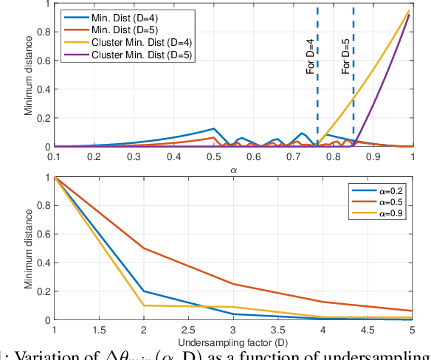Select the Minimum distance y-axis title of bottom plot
click(x=29, y=249)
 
